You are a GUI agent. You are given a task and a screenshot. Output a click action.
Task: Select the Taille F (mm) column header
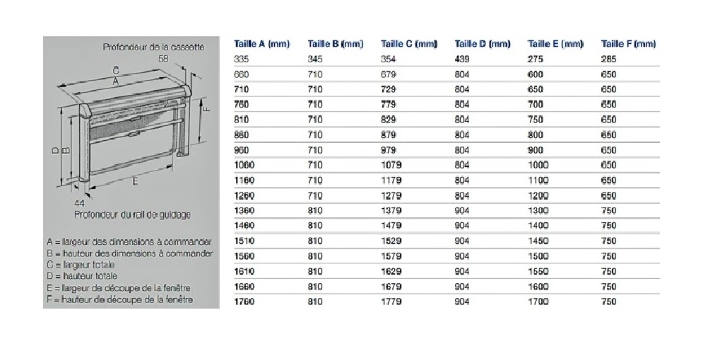point(628,44)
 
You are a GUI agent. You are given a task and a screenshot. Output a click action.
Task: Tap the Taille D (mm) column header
point(482,44)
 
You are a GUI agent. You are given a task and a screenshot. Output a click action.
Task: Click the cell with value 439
point(462,59)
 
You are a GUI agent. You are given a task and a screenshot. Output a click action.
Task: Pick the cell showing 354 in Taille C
point(389,59)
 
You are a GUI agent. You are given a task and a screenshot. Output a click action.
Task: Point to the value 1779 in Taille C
point(391,302)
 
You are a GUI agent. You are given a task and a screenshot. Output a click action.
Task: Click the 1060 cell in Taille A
point(244,165)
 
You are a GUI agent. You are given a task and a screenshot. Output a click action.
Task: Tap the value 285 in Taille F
point(609,59)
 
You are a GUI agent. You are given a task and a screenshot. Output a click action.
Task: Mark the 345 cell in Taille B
point(315,59)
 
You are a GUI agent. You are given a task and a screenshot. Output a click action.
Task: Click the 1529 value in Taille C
point(391,241)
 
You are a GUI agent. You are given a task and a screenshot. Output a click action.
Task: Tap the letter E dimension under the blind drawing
point(134,180)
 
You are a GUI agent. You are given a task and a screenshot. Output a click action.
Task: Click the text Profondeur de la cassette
point(153,47)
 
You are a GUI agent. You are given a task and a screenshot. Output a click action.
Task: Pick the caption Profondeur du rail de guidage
point(132,214)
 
